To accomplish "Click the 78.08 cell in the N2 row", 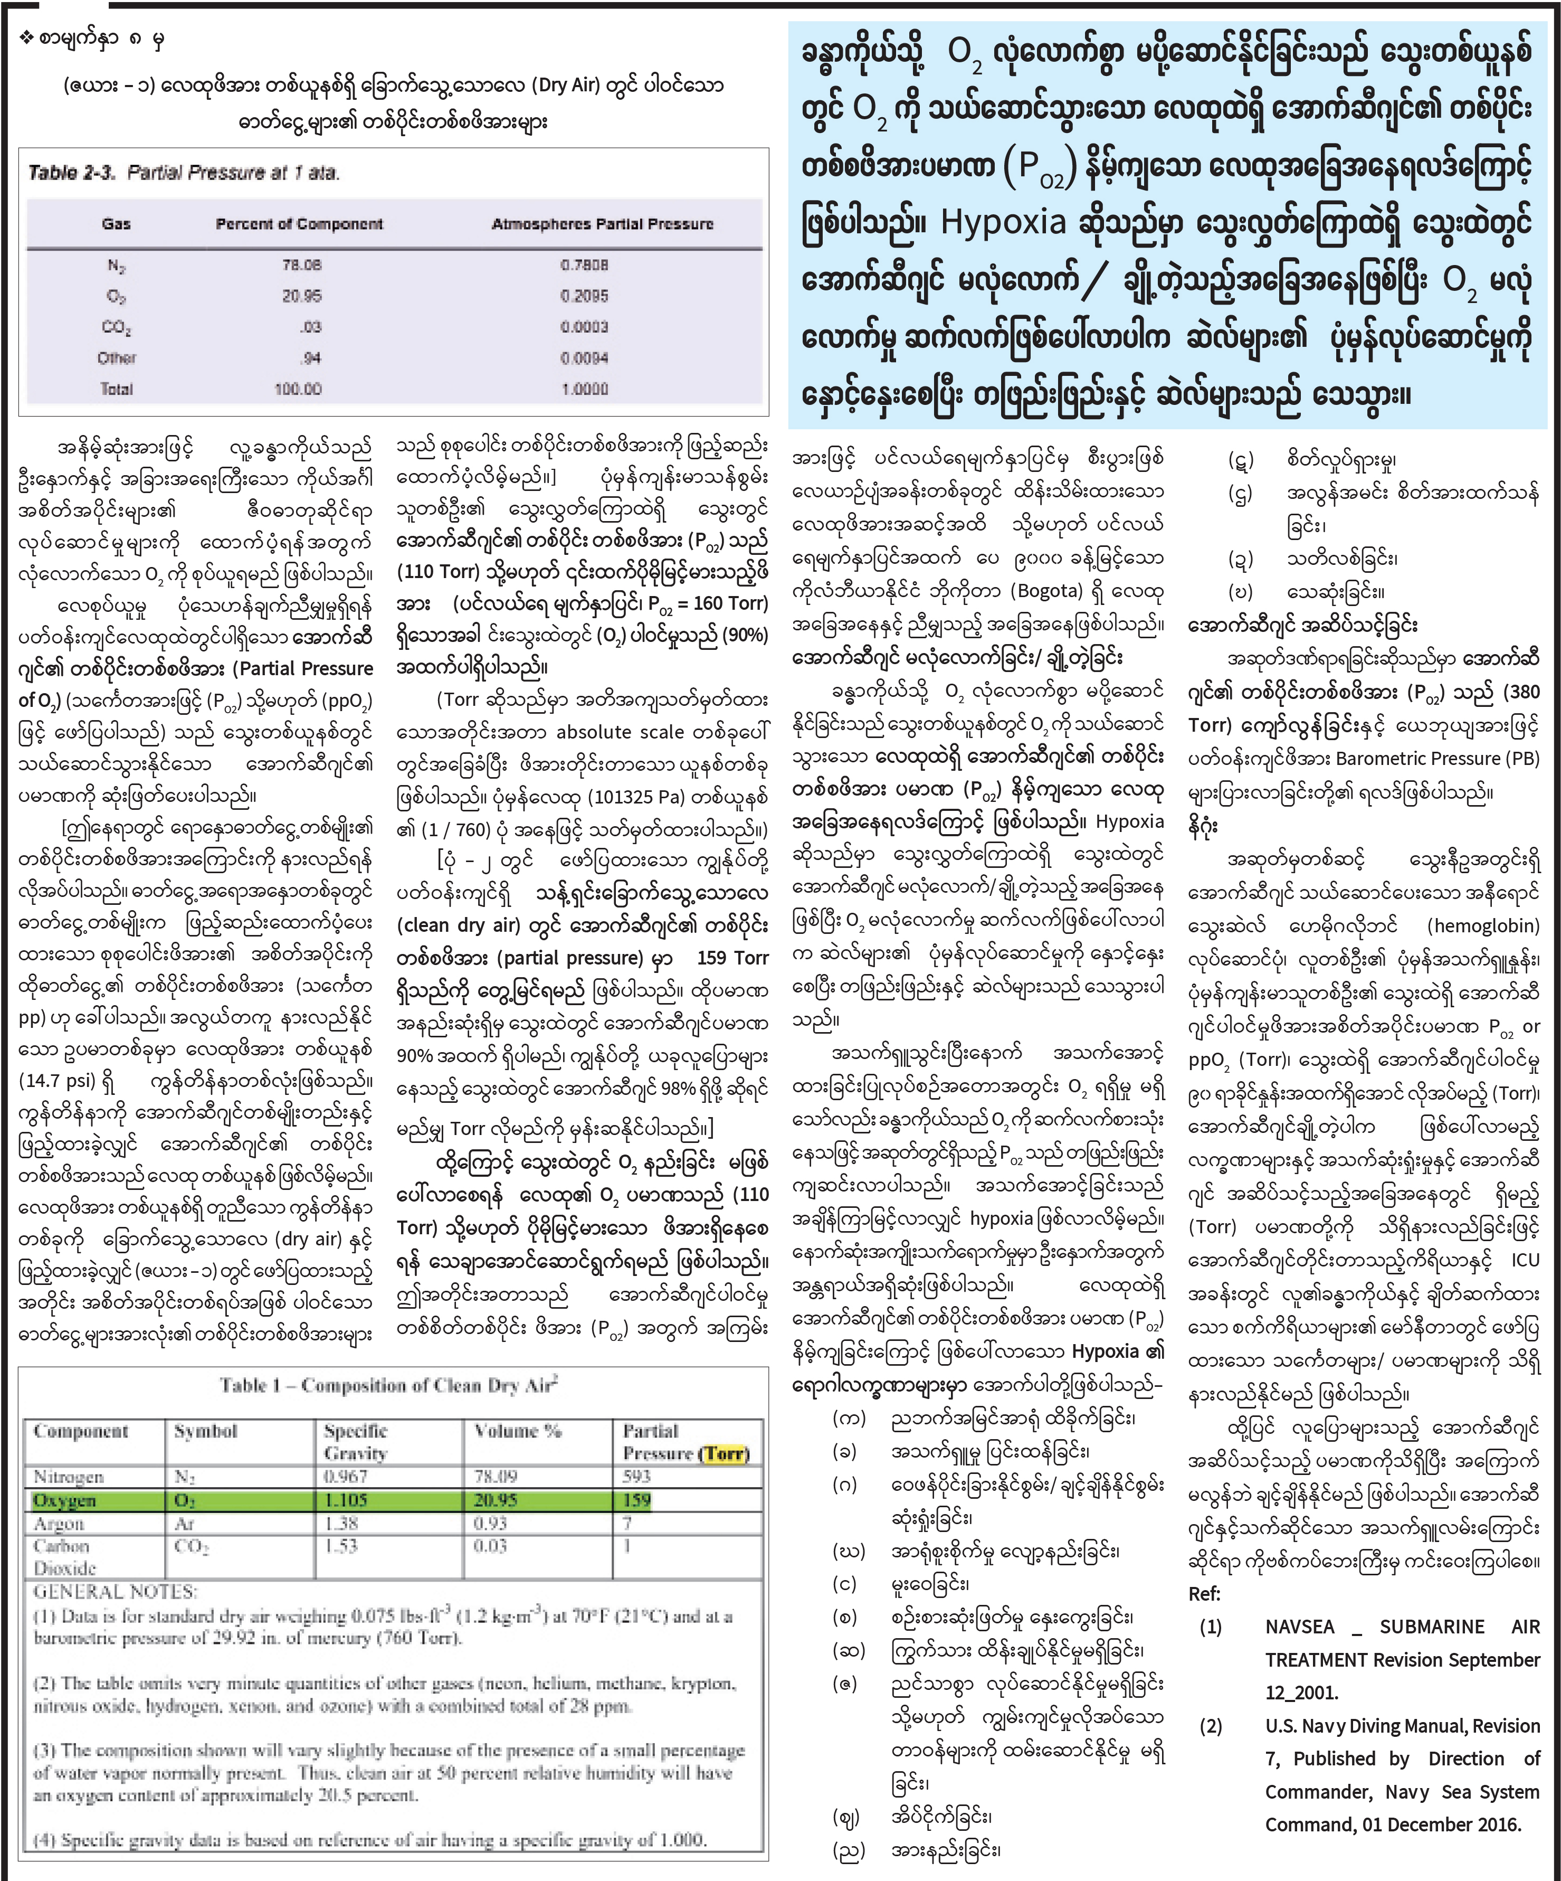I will pos(301,265).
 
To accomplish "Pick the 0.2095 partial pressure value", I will pos(584,296).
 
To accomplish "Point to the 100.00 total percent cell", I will pos(297,389).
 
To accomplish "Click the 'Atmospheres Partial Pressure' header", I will pos(602,224).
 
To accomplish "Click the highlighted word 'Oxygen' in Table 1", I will pos(64,1500).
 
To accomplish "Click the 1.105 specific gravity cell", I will pos(345,1500).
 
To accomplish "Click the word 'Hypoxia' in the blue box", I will pos(1003,222).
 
